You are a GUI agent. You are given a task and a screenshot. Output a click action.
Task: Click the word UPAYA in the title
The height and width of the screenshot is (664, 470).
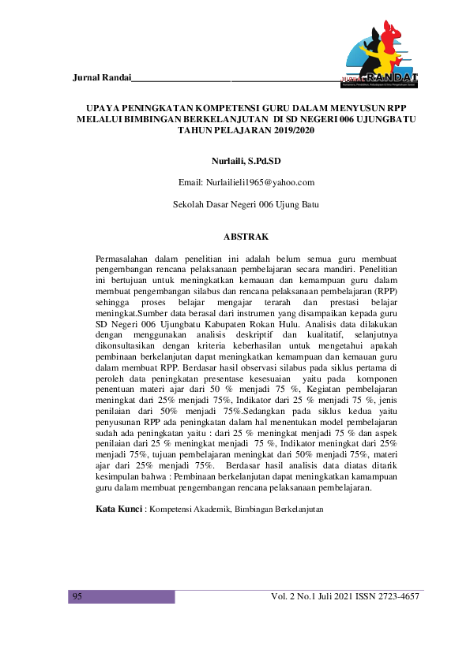105,107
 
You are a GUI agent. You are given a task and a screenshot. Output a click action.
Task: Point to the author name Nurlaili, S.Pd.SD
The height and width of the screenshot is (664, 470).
246,161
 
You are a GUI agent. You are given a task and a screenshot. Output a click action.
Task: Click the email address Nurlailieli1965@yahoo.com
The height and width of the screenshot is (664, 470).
246,183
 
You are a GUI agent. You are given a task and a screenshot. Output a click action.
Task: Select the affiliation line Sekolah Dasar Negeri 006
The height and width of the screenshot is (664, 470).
246,204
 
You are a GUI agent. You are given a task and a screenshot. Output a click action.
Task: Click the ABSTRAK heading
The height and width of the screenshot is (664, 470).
246,237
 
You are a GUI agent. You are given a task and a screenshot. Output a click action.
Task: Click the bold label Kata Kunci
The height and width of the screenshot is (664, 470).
118,509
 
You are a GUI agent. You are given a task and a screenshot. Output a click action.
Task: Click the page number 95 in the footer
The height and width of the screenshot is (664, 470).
78,597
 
